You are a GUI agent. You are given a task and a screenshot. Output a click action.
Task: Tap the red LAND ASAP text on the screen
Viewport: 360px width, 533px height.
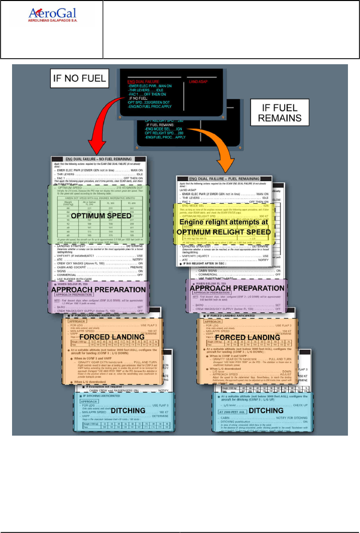200,80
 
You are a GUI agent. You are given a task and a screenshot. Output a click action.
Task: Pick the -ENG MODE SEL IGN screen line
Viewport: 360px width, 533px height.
165,128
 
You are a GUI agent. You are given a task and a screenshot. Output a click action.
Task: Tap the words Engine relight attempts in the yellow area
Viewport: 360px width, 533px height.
224,222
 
